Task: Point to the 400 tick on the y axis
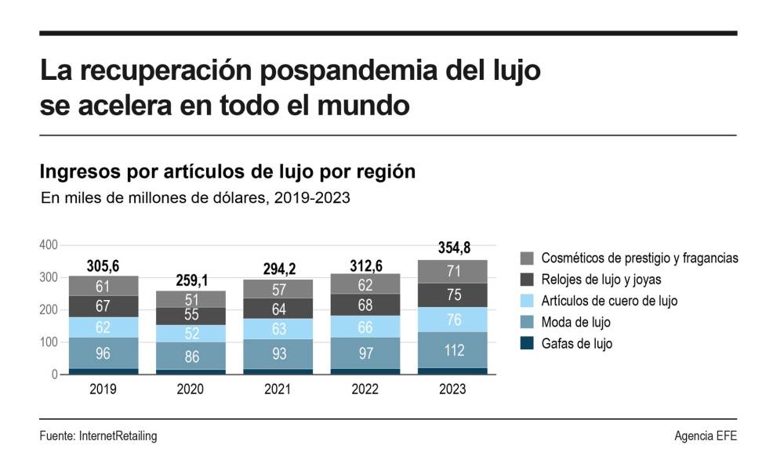49,245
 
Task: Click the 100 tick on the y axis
49,342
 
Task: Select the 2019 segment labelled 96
103,353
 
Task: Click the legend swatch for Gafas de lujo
527,343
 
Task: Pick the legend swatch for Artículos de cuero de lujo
527,301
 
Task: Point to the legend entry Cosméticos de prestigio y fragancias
640,258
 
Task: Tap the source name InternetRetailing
118,436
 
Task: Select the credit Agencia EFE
706,436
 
